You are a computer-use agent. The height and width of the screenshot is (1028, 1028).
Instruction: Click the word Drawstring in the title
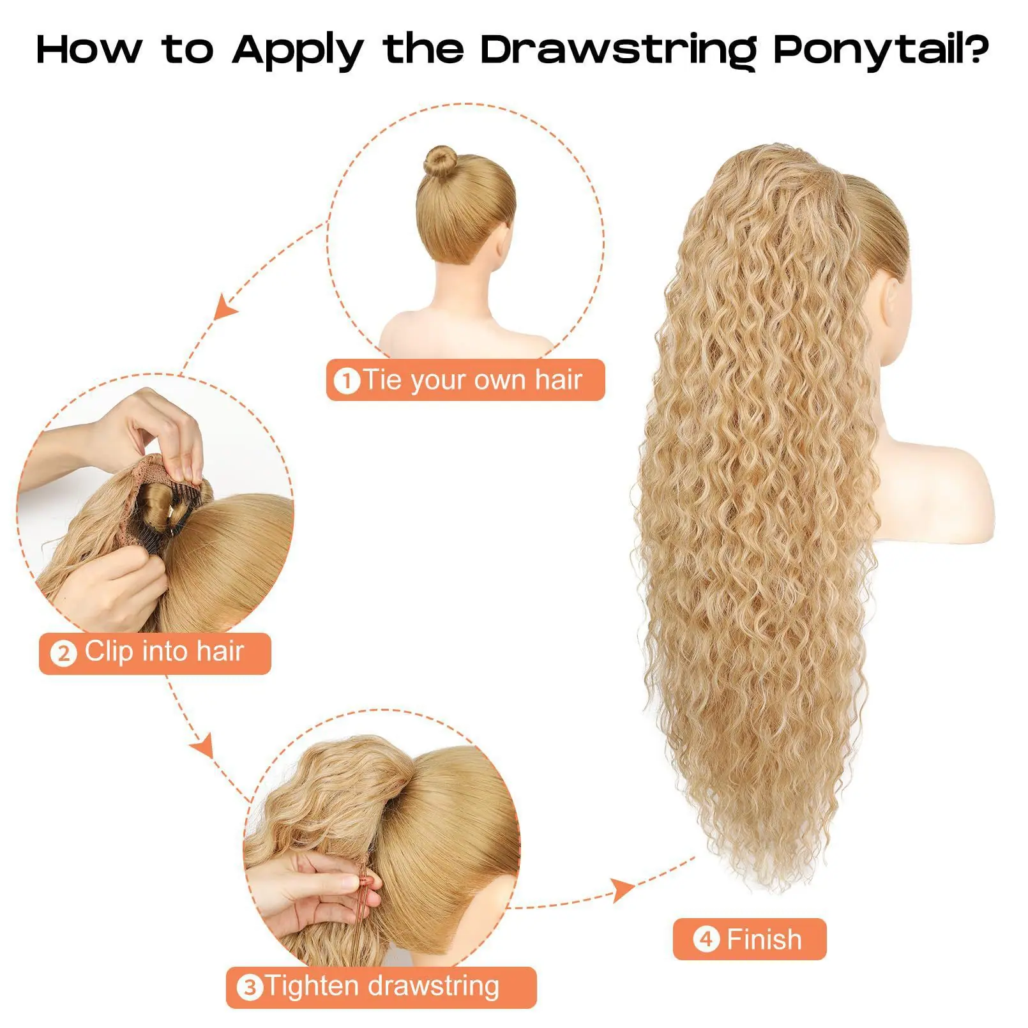(x=619, y=50)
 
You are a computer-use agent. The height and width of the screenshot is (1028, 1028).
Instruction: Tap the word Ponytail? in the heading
(x=882, y=50)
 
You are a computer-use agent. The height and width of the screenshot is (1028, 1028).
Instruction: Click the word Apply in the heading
(x=297, y=50)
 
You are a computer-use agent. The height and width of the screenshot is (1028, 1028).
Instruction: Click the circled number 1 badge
(x=347, y=381)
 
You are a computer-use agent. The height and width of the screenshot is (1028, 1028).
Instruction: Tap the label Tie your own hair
(x=472, y=380)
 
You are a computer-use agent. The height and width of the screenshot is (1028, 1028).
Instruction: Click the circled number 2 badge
(x=63, y=654)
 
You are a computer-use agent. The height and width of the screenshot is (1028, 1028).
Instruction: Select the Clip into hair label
(x=165, y=652)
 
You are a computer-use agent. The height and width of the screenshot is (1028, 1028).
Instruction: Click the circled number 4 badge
(x=706, y=940)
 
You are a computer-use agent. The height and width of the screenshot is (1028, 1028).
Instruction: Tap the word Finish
(x=764, y=940)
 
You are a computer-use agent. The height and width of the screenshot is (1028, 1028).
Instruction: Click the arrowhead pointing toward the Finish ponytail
(x=623, y=889)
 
